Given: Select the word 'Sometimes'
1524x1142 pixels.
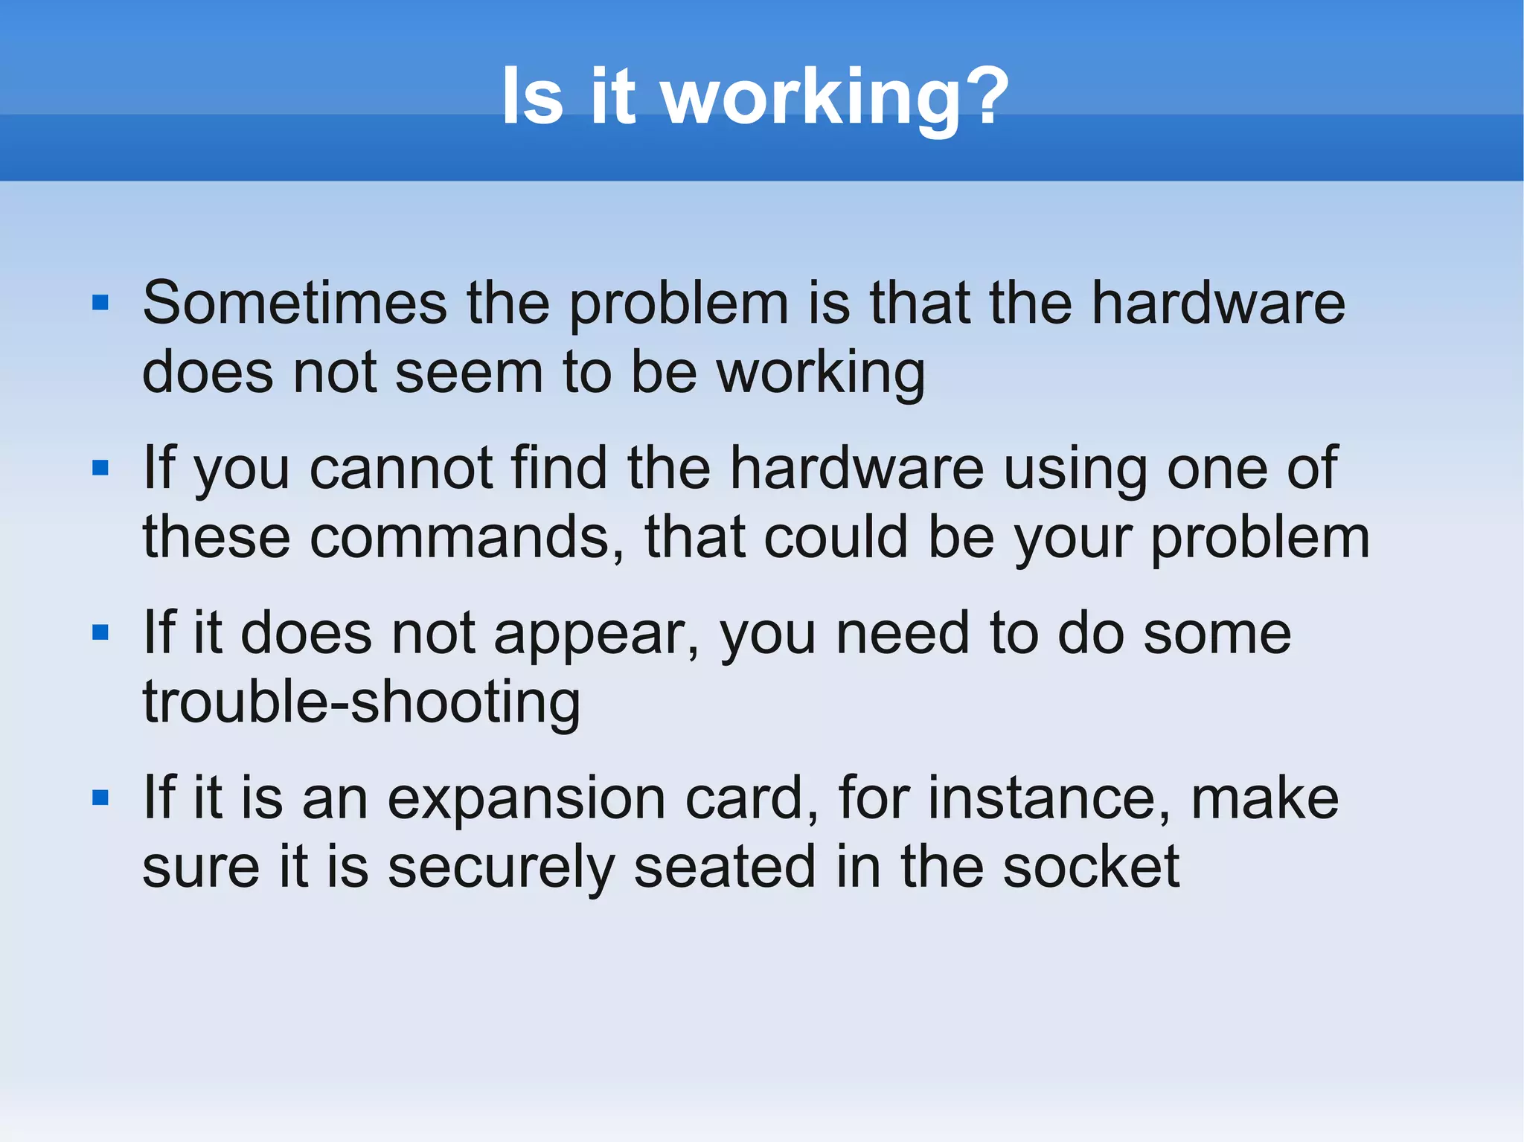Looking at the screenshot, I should click(295, 304).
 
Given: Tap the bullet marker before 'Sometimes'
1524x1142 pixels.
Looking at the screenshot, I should click(100, 303).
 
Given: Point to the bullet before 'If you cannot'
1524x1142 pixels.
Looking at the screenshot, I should click(100, 468).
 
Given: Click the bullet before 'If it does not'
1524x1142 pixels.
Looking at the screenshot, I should click(100, 633).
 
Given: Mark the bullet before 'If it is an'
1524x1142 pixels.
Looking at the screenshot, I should click(100, 798).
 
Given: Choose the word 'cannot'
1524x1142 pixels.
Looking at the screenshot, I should click(401, 469).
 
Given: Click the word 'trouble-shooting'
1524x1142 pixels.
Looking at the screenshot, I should click(362, 703).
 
